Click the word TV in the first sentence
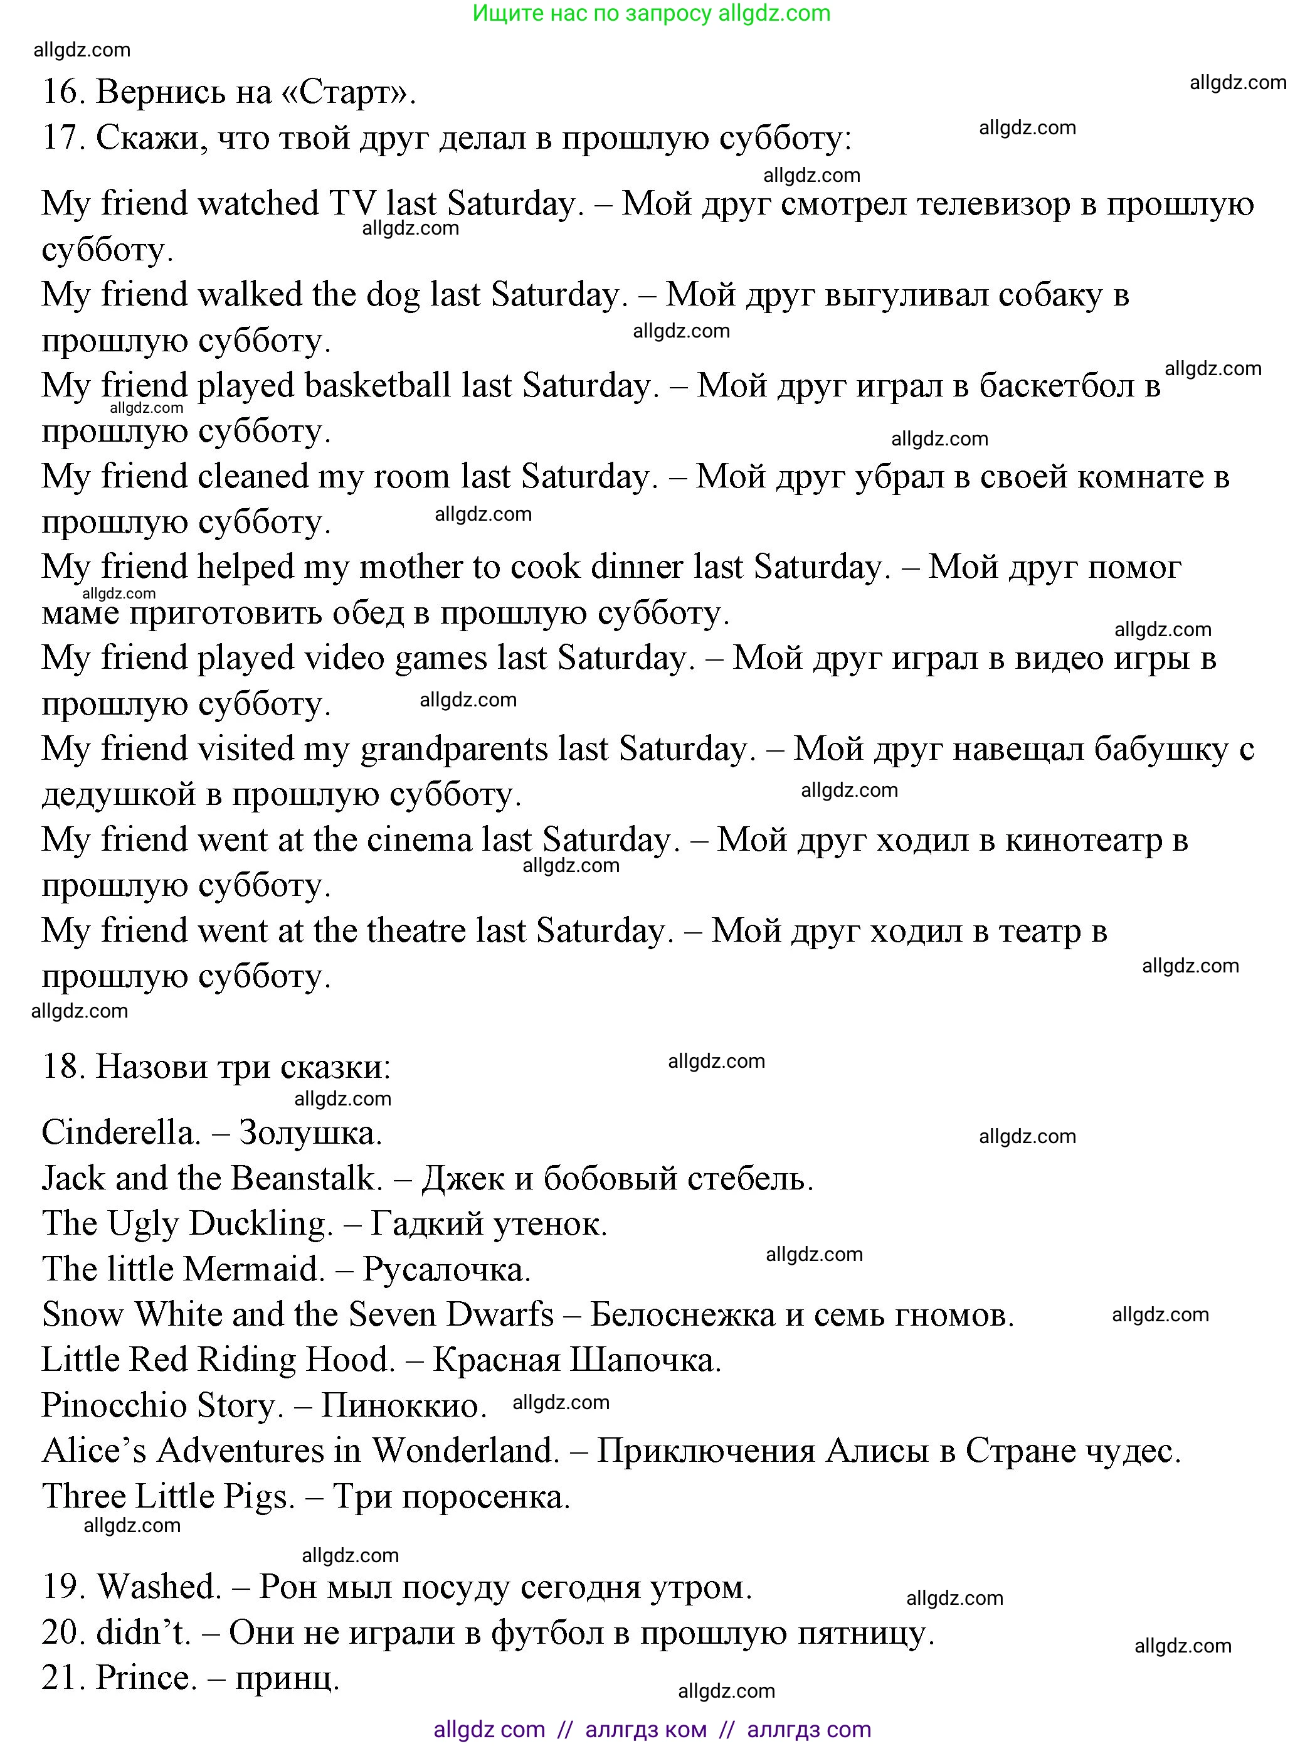click(351, 204)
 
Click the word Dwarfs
click(501, 1315)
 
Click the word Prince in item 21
click(146, 1678)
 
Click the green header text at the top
click(652, 13)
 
